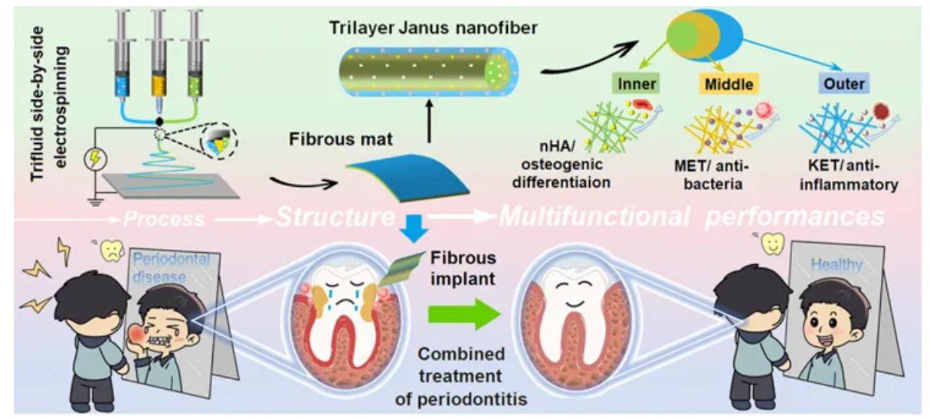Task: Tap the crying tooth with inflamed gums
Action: [332, 310]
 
